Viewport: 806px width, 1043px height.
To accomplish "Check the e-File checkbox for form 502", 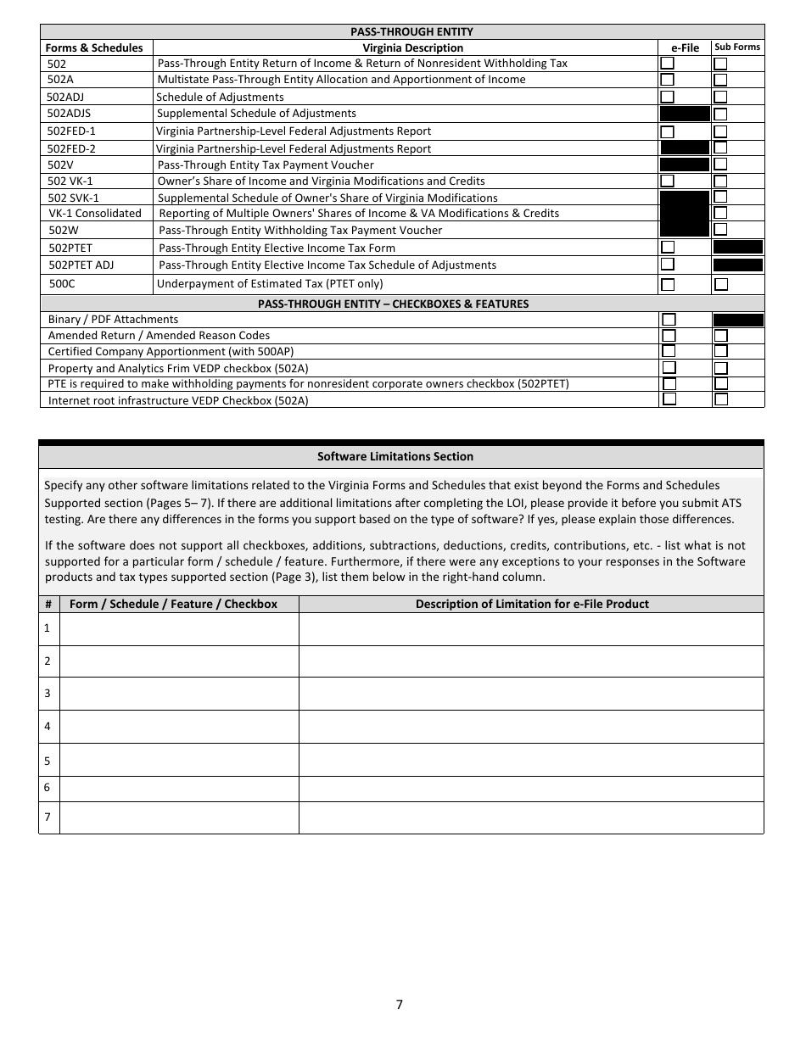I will click(668, 64).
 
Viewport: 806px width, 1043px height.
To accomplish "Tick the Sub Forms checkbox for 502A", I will click(720, 80).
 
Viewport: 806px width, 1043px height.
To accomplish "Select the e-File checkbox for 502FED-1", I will click(668, 131).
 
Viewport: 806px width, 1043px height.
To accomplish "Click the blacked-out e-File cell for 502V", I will click(684, 165).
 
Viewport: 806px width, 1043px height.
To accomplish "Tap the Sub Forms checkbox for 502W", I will click(720, 230).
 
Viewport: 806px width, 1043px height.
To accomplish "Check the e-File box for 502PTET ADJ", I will click(668, 265).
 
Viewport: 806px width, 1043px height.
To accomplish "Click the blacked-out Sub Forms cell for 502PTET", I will click(737, 248).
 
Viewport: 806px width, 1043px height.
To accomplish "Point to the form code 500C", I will click(62, 284).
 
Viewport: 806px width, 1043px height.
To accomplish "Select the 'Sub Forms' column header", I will click(737, 47).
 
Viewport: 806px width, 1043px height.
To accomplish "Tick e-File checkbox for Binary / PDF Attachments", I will click(669, 320).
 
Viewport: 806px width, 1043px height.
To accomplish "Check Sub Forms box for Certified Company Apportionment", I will click(720, 351).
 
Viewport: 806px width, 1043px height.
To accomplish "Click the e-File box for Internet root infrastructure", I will click(669, 399).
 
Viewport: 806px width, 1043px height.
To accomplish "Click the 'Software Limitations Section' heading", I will click(395, 456).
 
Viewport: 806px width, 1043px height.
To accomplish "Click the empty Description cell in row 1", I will click(531, 628).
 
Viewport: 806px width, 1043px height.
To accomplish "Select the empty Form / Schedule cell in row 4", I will click(179, 726).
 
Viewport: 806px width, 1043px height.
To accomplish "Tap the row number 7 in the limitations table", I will click(48, 817).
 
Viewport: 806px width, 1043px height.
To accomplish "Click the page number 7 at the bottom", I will click(400, 1005).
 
